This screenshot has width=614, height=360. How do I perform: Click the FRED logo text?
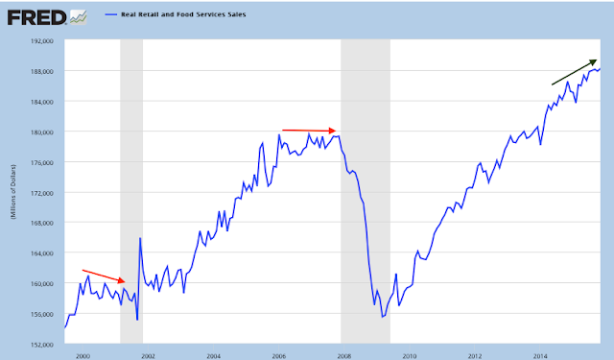point(36,17)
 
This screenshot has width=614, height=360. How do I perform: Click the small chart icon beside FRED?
point(79,17)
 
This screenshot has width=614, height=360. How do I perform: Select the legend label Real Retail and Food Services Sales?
point(183,14)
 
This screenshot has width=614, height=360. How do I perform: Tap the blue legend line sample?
point(111,14)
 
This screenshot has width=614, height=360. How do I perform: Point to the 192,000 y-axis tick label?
point(41,41)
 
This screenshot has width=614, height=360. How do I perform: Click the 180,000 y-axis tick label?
point(41,132)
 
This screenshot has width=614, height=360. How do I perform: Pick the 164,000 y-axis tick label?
point(41,253)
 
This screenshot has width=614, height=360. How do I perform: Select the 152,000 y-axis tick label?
point(41,345)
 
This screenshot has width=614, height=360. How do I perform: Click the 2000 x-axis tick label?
point(83,356)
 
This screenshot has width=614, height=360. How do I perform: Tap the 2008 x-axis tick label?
point(343,356)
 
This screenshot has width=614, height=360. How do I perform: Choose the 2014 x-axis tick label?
point(540,356)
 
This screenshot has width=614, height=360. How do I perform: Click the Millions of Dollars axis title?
point(13,192)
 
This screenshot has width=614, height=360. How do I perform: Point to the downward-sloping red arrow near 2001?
point(104,276)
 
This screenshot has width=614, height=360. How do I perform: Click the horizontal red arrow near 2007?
point(309,131)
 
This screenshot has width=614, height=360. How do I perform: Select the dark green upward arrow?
point(574,72)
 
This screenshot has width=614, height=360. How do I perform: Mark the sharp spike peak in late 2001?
point(140,238)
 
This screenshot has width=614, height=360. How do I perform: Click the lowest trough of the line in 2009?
point(382,317)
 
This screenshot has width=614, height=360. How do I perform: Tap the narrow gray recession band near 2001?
point(131,192)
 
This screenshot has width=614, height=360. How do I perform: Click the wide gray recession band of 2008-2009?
point(366,192)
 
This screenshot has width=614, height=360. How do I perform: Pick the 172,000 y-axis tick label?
point(41,193)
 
